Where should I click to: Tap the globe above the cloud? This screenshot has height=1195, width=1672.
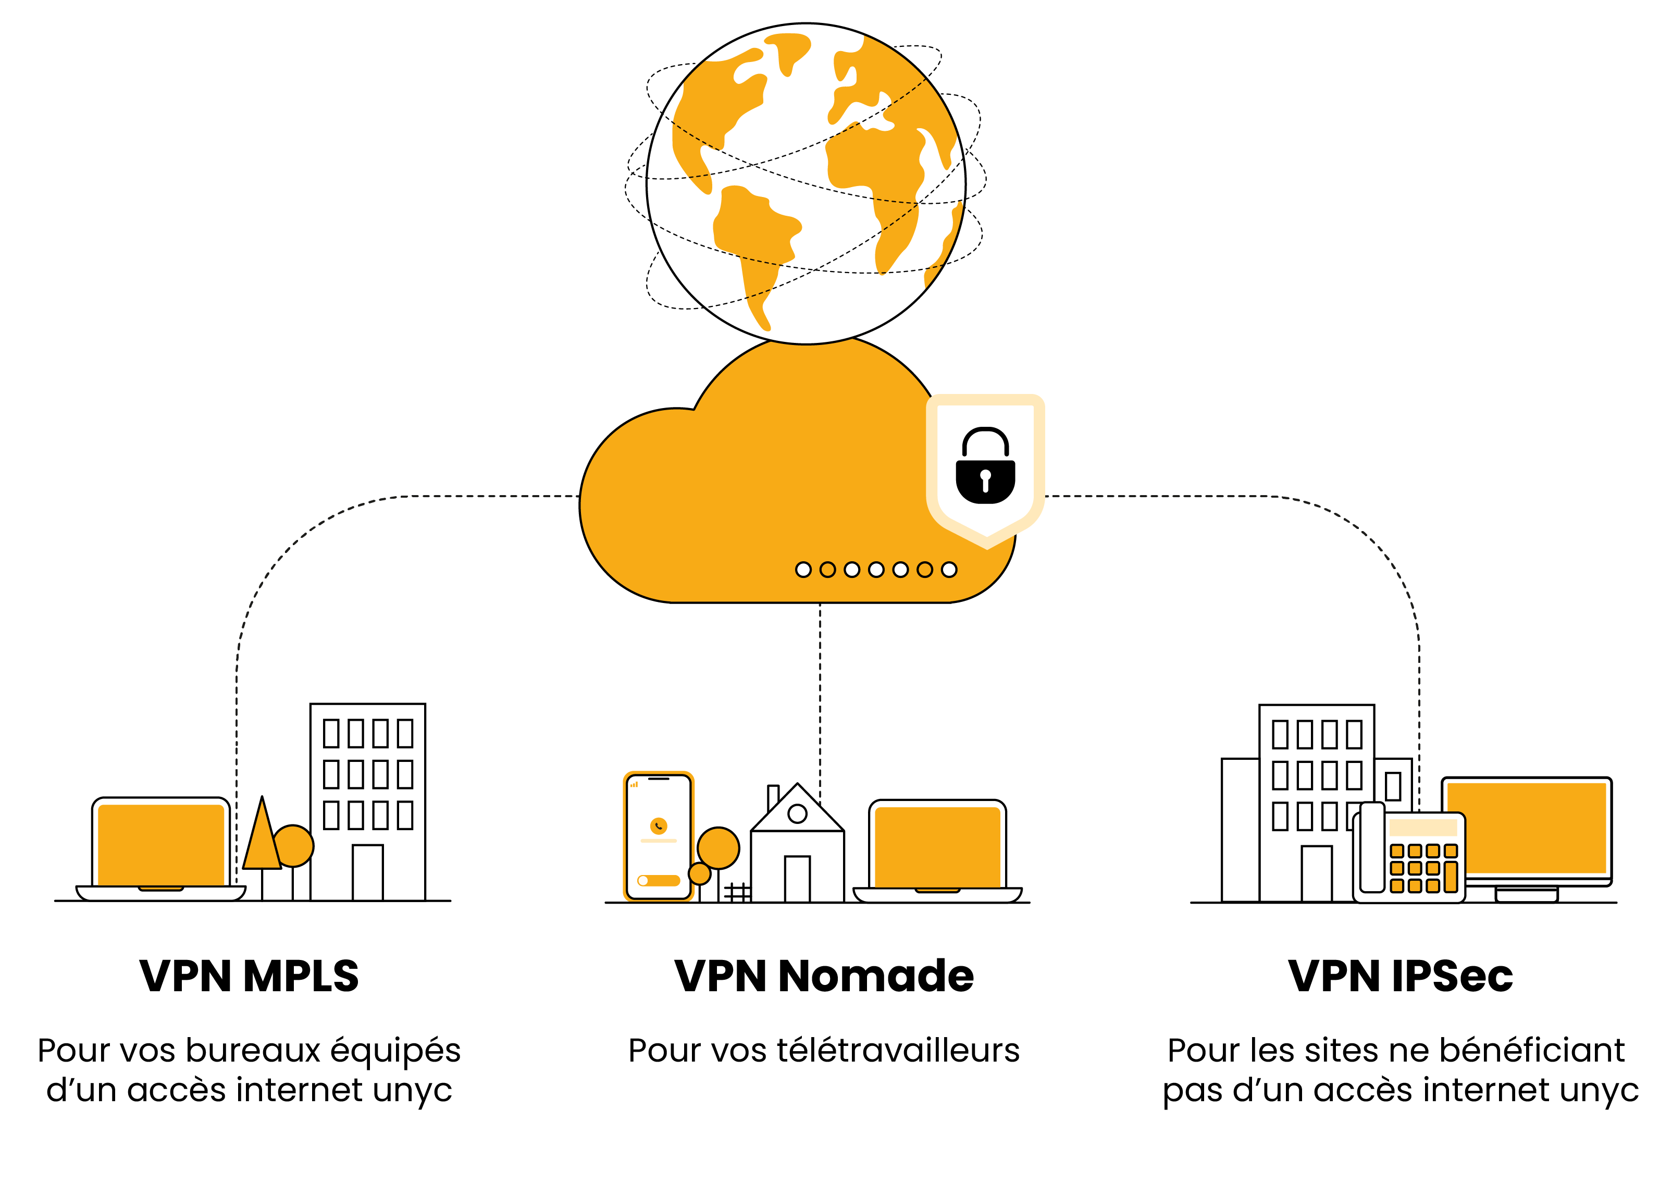(806, 183)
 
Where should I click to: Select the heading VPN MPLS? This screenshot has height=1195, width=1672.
(249, 977)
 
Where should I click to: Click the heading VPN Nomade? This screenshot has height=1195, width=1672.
(824, 977)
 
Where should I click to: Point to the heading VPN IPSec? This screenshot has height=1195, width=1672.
(1400, 977)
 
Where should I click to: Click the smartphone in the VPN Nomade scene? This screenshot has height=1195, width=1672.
(659, 836)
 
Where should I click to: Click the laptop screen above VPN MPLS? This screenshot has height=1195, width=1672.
(160, 844)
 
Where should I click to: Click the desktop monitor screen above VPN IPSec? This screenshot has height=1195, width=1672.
(1526, 827)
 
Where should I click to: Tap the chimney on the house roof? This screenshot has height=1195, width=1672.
(772, 796)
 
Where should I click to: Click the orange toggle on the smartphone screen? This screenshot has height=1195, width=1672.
(659, 880)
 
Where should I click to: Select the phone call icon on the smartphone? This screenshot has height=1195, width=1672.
(659, 826)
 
